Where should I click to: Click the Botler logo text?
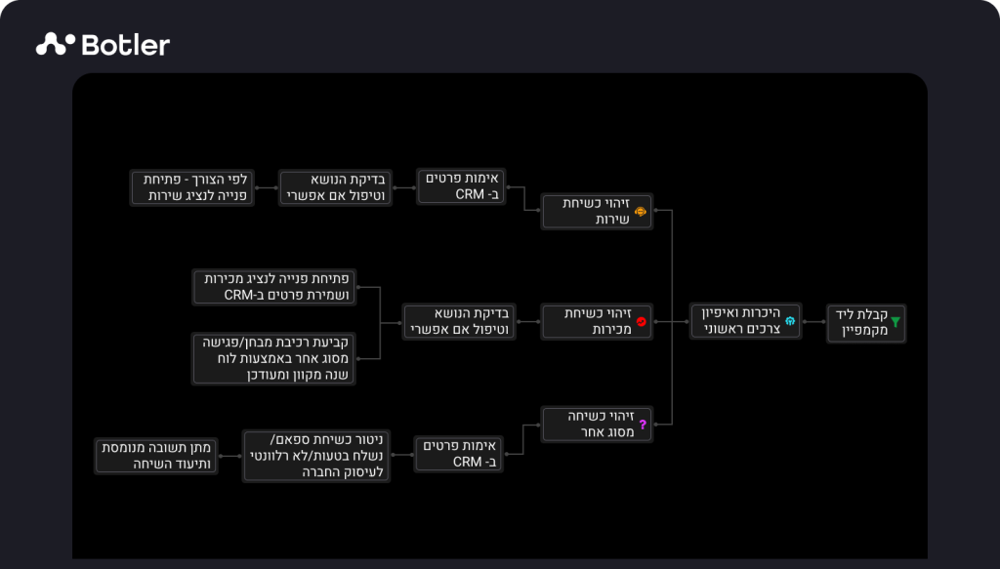click(126, 45)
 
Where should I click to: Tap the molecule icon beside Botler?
click(57, 43)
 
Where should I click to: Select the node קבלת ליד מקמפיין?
click(866, 323)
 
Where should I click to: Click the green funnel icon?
click(896, 320)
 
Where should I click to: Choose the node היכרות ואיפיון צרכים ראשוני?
click(745, 321)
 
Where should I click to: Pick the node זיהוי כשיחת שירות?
click(597, 211)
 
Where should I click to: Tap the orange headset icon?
click(641, 211)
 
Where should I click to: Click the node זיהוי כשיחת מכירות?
click(597, 321)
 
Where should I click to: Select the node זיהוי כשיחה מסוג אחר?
click(597, 424)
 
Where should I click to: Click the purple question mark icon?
click(643, 424)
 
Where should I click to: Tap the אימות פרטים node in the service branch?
click(462, 186)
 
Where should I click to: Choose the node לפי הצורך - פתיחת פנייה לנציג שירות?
click(192, 187)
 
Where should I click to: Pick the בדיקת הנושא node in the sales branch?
click(459, 321)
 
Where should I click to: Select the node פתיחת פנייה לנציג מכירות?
click(273, 287)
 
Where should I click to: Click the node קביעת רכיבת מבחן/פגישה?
click(273, 358)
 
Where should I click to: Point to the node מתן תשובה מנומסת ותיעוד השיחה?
click(155, 456)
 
